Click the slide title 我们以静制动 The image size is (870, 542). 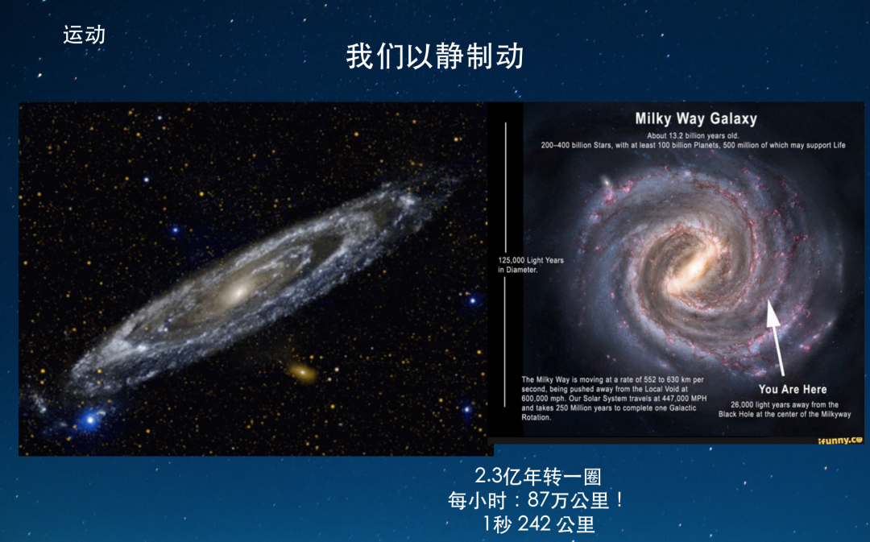tap(434, 56)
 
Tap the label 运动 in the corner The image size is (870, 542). tap(85, 35)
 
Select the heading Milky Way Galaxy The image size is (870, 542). tap(696, 118)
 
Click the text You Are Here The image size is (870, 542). tap(793, 390)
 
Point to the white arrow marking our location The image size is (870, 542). tap(777, 338)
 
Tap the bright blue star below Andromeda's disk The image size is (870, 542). tap(90, 420)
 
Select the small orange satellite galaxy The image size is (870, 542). tap(302, 372)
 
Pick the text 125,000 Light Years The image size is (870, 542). tap(530, 260)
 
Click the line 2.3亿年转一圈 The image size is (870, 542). tap(537, 476)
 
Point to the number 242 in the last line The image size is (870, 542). tap(534, 523)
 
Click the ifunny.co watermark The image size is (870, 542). tap(840, 441)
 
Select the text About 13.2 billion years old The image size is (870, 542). tap(693, 136)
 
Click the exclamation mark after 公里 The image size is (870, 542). tap(619, 500)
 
